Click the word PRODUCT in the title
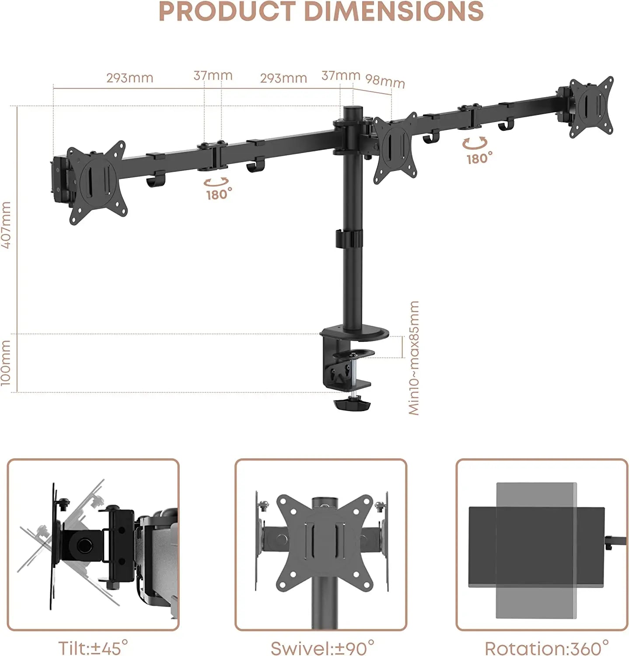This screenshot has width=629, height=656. (227, 11)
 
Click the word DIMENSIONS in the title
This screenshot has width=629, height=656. (394, 11)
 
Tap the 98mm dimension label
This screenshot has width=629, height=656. (385, 81)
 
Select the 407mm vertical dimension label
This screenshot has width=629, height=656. (6, 225)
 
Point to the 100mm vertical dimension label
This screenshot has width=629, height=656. (6, 363)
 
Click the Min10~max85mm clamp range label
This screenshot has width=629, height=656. (414, 358)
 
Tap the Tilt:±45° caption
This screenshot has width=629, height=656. (93, 647)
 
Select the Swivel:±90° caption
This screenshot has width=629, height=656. (323, 647)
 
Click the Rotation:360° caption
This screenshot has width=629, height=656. (547, 647)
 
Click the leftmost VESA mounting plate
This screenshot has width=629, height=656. (97, 182)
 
